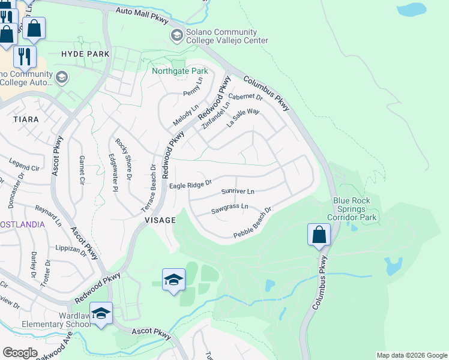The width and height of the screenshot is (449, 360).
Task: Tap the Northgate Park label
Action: coord(179,71)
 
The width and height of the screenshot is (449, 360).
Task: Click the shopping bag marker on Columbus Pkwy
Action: coord(319,235)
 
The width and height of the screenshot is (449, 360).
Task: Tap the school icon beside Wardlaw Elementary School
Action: coord(101,314)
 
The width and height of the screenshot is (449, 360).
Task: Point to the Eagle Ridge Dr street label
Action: coord(190,185)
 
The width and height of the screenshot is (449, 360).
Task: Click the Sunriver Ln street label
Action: coord(238,192)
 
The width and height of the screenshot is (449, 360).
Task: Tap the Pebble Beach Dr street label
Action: coord(253,223)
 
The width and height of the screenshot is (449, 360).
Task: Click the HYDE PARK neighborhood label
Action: coord(85,54)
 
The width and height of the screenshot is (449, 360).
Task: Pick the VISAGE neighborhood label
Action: coord(160,220)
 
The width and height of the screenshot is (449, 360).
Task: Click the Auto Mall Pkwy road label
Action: coord(143,11)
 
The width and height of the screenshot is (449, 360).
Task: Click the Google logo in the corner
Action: coord(20,352)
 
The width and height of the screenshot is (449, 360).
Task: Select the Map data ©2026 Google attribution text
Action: coord(411,355)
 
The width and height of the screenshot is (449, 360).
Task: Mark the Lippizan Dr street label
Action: coord(68,248)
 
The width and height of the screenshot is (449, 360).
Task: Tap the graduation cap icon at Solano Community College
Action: coord(176,35)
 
